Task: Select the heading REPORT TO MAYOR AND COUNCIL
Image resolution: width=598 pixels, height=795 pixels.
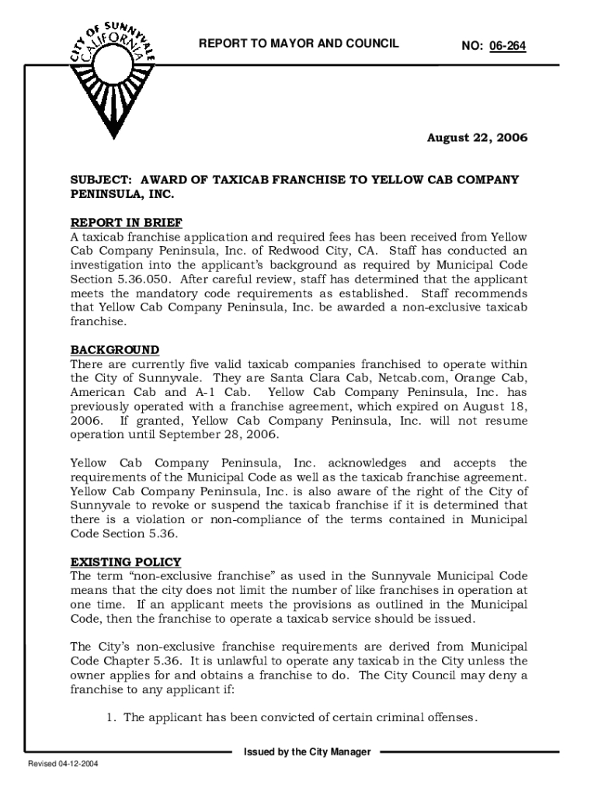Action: [299, 43]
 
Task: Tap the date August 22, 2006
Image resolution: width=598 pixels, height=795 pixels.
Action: [477, 138]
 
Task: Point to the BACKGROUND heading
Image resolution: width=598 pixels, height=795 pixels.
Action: [115, 350]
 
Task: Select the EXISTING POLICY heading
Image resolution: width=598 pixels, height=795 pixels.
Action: [126, 562]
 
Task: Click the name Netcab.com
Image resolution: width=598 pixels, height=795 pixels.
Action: [413, 378]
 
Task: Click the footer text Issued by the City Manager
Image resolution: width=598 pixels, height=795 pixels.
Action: [307, 752]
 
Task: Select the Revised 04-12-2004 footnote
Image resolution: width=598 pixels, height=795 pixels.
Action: [63, 765]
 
